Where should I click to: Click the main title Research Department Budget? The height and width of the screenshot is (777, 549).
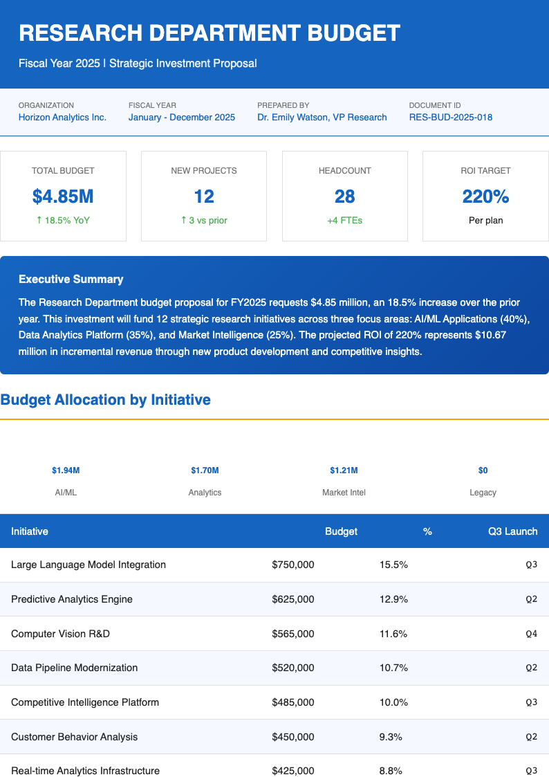[x=210, y=33]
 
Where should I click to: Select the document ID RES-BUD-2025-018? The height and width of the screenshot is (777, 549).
[x=450, y=117]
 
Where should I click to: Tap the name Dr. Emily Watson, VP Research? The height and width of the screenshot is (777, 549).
[x=322, y=117]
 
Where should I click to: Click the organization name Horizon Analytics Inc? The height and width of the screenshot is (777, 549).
[x=62, y=117]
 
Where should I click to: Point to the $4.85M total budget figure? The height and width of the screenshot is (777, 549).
[x=63, y=196]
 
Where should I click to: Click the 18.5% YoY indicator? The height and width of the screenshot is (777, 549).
[x=63, y=220]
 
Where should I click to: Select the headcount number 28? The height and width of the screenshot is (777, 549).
[x=344, y=196]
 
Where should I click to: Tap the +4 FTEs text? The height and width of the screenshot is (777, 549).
[x=344, y=220]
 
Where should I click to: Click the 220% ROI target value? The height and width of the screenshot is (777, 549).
[x=485, y=196]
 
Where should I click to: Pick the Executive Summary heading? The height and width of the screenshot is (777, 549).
[x=71, y=280]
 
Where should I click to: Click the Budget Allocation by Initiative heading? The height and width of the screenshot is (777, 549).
[x=106, y=399]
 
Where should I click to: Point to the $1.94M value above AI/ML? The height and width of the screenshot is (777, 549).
[x=66, y=470]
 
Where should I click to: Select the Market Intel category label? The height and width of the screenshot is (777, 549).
[x=344, y=493]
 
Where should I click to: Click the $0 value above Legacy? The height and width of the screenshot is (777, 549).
[x=483, y=470]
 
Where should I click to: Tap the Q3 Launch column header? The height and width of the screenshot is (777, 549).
[x=512, y=531]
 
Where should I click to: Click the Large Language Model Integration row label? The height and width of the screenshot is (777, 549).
[x=89, y=565]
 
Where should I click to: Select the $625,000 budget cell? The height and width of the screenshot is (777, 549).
[x=293, y=599]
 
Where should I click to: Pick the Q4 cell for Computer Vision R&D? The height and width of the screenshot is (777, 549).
[x=531, y=634]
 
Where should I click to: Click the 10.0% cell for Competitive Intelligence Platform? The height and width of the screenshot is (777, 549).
[x=393, y=702]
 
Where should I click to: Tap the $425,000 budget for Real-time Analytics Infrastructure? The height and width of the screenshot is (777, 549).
[x=293, y=771]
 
